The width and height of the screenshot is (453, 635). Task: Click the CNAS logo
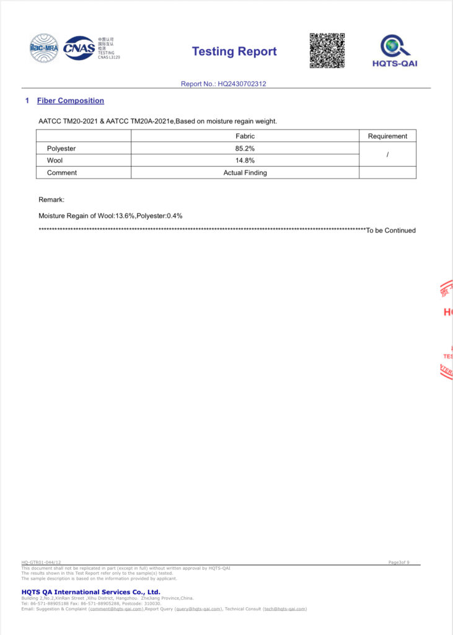(79, 48)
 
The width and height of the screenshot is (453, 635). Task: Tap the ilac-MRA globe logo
(44, 48)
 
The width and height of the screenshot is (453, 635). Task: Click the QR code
(327, 51)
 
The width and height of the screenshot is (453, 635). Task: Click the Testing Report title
(234, 51)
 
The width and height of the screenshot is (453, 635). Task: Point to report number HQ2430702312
(224, 84)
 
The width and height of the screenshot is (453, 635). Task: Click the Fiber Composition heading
(71, 100)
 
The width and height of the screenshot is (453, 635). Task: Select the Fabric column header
(245, 136)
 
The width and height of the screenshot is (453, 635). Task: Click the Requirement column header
(387, 136)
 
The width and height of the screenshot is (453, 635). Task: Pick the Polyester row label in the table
(61, 148)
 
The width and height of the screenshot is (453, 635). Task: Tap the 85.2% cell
(245, 148)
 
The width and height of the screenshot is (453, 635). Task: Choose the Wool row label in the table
(55, 160)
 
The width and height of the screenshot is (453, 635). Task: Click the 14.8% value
(245, 160)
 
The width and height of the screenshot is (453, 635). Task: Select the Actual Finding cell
(245, 172)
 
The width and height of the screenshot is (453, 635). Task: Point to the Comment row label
(62, 172)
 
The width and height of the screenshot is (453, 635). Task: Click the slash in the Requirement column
(387, 154)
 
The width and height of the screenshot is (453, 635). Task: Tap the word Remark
(51, 200)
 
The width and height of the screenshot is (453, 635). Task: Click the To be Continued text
(390, 231)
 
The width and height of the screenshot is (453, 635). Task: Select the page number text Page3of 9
(398, 562)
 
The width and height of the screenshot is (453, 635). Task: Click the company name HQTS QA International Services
(90, 592)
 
